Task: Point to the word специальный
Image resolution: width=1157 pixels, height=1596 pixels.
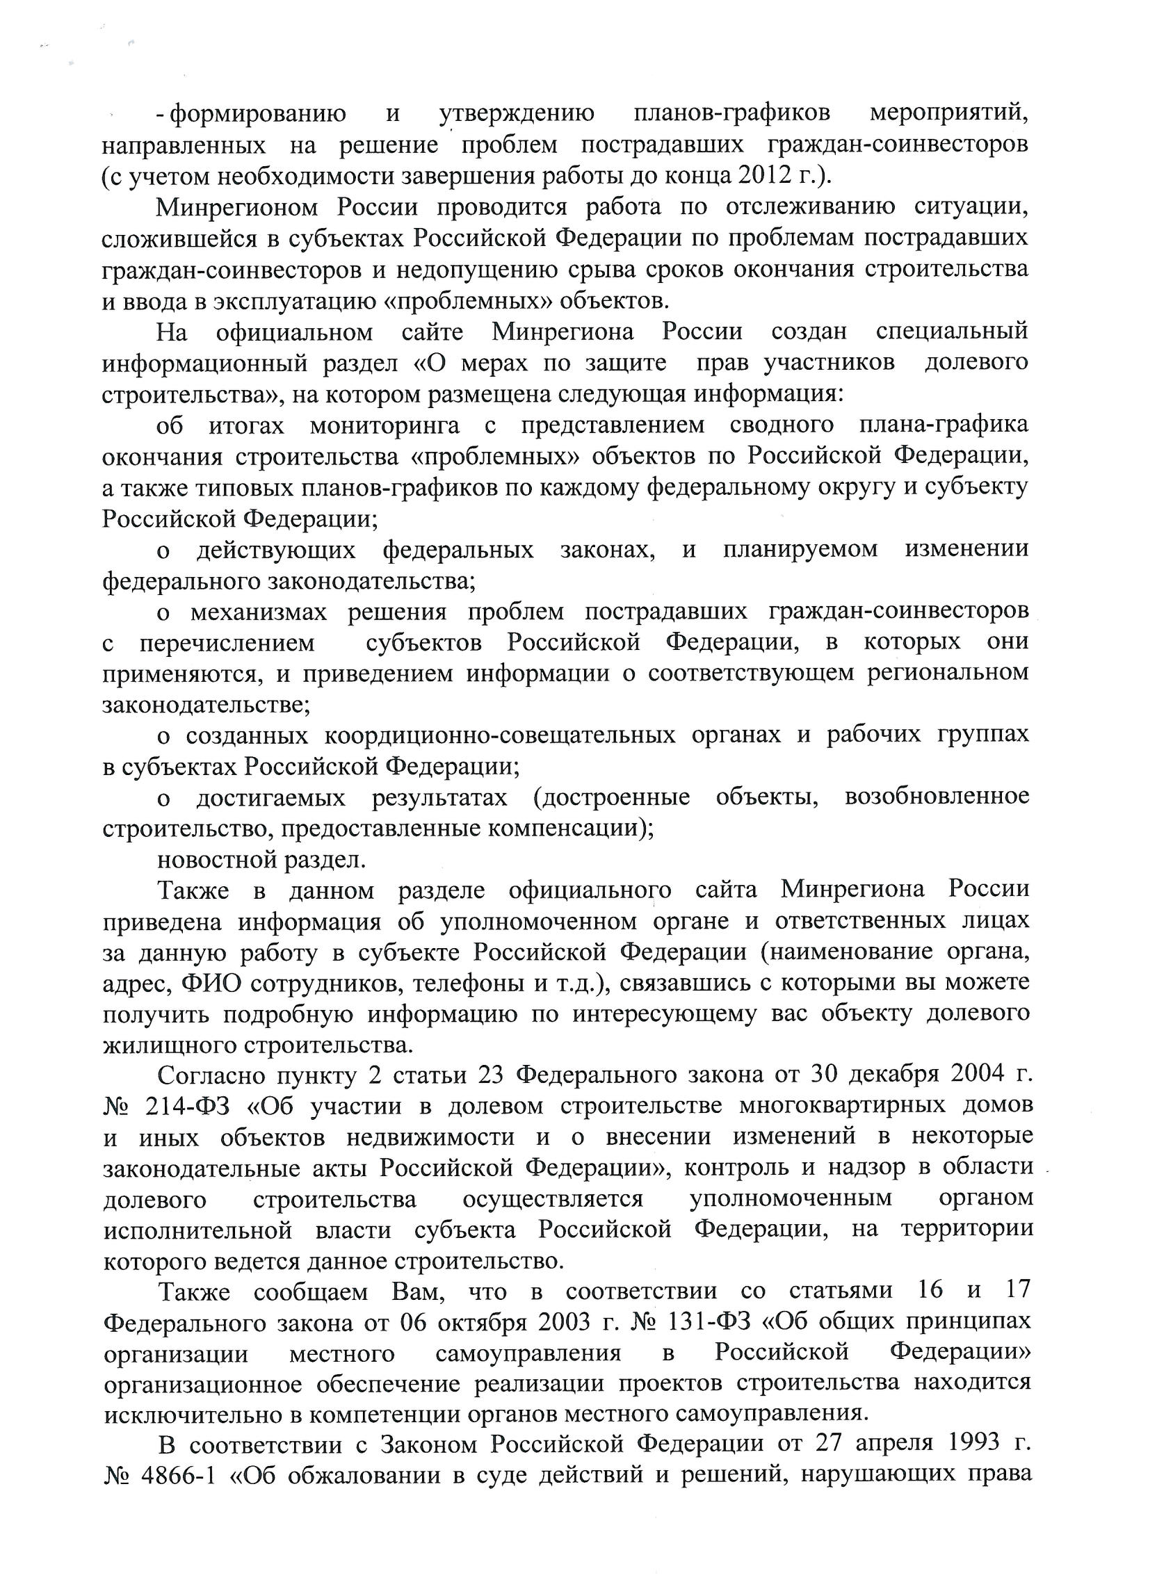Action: (952, 331)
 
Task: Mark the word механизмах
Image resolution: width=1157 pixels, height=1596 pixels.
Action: (258, 612)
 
